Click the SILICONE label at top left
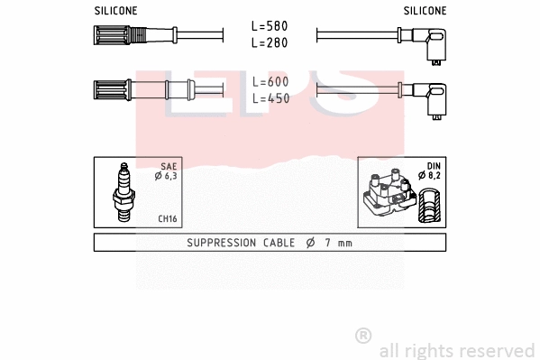(x=115, y=11)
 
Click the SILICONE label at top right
(x=424, y=11)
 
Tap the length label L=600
(x=270, y=82)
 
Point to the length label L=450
(x=270, y=98)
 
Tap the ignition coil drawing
(x=389, y=196)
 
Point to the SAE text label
(x=169, y=166)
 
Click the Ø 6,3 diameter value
(x=166, y=176)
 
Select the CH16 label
(x=167, y=218)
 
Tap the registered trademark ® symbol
(x=363, y=336)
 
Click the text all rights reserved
(x=456, y=350)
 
